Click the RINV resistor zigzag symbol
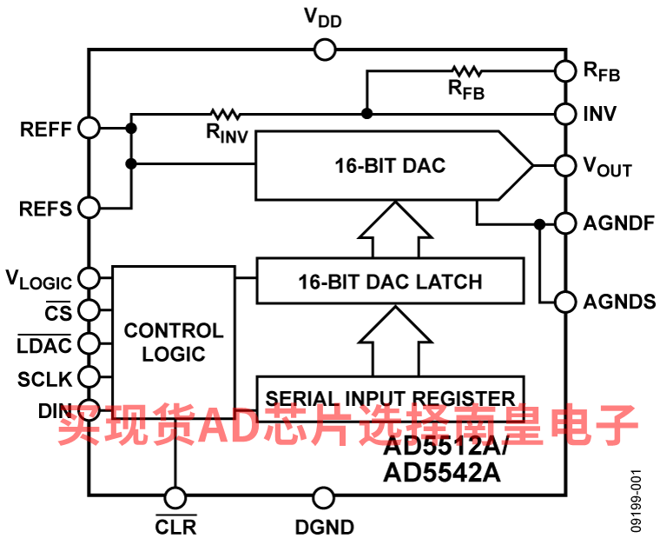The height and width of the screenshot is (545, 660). [225, 114]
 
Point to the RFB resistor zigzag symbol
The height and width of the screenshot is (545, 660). [466, 71]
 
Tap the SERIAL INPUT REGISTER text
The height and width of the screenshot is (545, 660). [390, 398]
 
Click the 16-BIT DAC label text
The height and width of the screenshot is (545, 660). [390, 165]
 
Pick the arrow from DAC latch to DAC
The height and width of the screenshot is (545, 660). [395, 229]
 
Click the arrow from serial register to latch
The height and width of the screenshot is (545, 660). [395, 341]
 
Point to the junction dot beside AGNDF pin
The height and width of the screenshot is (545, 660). [539, 224]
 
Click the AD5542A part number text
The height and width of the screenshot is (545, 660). [442, 473]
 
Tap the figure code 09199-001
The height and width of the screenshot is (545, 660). [636, 501]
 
